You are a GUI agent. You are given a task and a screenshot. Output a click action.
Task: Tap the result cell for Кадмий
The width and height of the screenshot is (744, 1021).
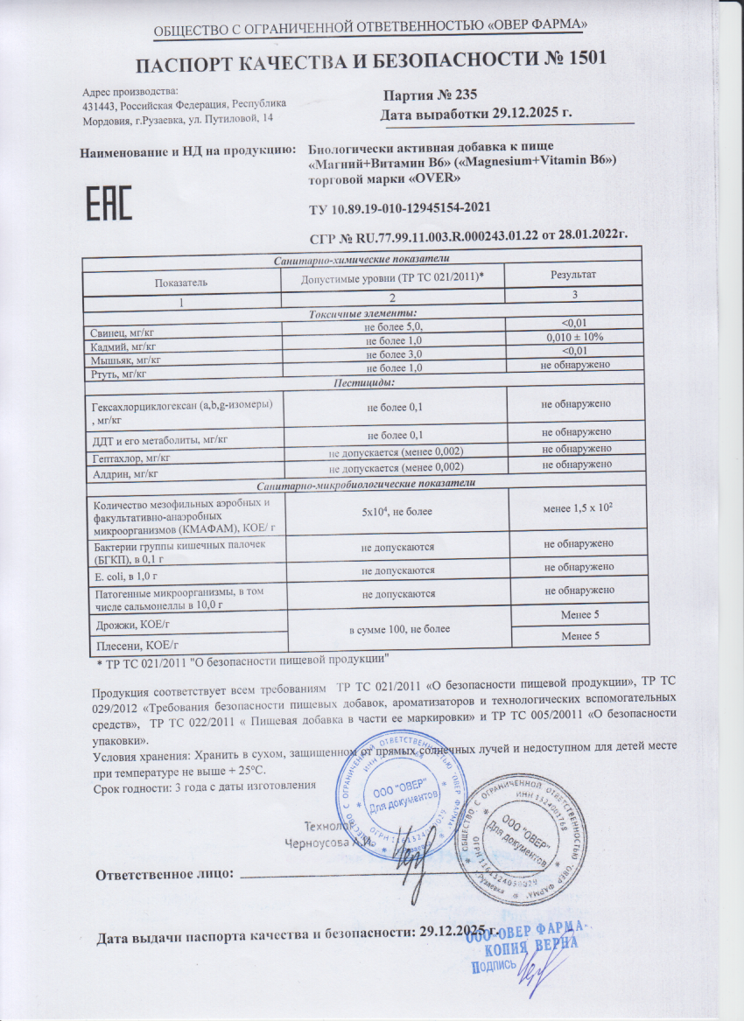[x=572, y=337]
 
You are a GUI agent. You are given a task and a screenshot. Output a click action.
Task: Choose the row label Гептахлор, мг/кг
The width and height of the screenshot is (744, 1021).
[x=129, y=458]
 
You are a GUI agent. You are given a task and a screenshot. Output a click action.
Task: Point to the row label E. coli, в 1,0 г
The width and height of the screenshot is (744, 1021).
[x=127, y=575]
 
